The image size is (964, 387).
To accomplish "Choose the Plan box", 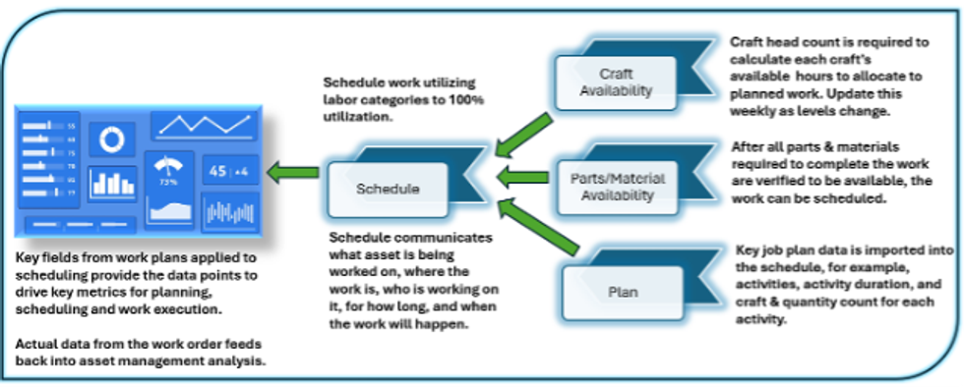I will click(622, 292).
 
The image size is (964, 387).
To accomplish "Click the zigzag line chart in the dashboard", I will click(205, 125).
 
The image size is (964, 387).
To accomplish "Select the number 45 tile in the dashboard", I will click(218, 170).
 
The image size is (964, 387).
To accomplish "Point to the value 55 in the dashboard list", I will click(71, 127).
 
